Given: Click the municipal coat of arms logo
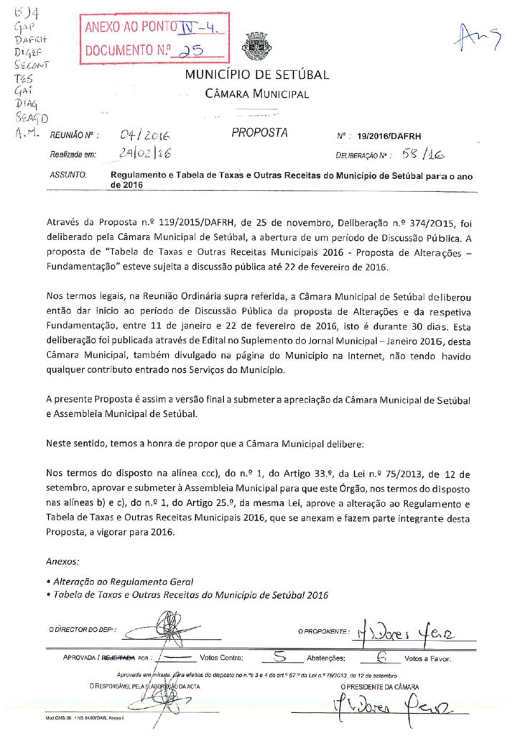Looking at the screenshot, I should pyautogui.click(x=256, y=48).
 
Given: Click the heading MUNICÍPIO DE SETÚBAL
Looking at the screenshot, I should pyautogui.click(x=257, y=75).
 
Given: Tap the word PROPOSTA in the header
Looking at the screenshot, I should pyautogui.click(x=259, y=133).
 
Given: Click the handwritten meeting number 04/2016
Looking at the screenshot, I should pyautogui.click(x=149, y=134).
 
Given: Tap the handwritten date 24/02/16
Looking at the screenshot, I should pyautogui.click(x=145, y=154).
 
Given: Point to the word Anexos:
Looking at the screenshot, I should pyautogui.click(x=62, y=561).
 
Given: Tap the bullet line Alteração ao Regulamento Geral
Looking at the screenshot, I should pyautogui.click(x=121, y=581).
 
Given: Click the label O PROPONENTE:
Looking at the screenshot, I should pyautogui.click(x=324, y=631).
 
